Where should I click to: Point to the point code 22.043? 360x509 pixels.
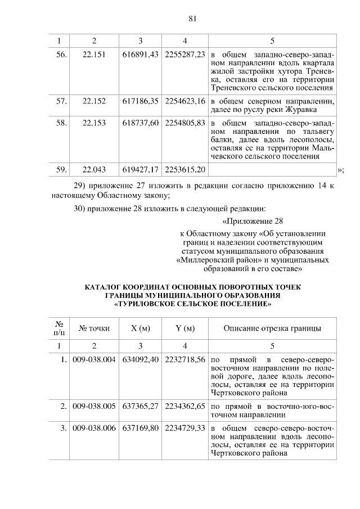(94, 169)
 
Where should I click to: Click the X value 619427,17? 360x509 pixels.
(140, 169)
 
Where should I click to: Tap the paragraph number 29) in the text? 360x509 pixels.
(82, 185)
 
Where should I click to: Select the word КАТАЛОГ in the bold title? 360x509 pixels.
(105, 287)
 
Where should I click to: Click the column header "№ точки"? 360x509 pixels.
(94, 328)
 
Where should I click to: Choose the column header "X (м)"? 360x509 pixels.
(140, 328)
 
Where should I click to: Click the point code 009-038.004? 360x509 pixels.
(94, 360)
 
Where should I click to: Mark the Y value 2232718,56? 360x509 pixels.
(185, 360)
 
